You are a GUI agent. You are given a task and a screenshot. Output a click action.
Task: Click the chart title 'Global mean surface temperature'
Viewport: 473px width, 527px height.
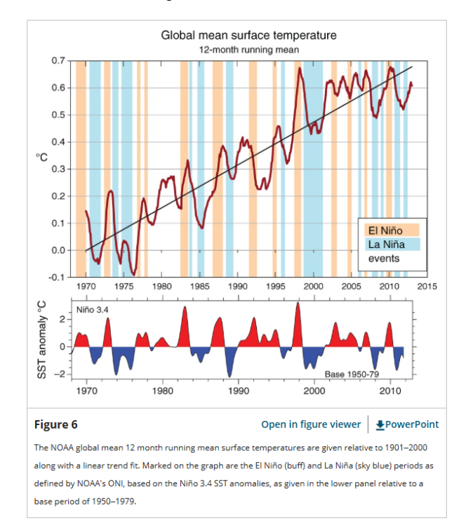[x=248, y=35]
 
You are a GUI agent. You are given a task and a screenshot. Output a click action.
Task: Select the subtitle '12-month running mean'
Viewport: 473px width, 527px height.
[x=248, y=50]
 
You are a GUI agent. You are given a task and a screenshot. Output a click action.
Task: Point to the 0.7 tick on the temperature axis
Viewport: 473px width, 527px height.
[x=58, y=60]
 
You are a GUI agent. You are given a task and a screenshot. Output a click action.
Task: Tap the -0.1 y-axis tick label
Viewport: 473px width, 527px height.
[x=57, y=278]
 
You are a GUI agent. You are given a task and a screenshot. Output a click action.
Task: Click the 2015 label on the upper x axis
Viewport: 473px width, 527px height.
[x=427, y=287]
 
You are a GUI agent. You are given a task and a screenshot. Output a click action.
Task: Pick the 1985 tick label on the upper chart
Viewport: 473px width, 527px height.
[x=200, y=287]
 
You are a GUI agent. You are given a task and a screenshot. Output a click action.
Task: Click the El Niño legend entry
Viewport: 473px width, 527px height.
[x=392, y=230]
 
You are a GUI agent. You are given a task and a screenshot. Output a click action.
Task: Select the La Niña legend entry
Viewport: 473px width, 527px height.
[x=392, y=245]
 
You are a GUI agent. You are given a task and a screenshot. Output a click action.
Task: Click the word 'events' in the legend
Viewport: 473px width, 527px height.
[x=384, y=259]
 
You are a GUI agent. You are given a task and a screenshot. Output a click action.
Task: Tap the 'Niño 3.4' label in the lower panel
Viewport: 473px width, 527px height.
[x=93, y=310]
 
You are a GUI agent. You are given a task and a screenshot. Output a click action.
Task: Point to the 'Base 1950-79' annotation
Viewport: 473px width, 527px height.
[x=352, y=374]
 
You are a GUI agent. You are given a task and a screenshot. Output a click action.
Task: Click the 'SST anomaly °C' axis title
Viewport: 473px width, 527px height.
[x=41, y=340]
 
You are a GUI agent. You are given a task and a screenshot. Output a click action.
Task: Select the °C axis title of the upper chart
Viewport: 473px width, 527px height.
[x=42, y=157]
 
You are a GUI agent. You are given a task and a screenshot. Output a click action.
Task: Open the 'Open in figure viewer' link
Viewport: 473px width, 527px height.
[x=311, y=424]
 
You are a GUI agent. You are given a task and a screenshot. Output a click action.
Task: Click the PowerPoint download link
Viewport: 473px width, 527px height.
[x=407, y=424]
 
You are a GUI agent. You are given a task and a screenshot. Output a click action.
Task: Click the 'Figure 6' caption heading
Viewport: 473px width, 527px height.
[x=55, y=424]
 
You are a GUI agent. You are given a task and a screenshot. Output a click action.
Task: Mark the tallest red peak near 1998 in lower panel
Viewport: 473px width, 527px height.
[x=298, y=303]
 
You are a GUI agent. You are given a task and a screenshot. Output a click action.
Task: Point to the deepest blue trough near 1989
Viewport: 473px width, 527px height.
[x=229, y=376]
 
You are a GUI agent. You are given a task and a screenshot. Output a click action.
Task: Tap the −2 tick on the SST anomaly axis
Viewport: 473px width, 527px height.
[x=62, y=374]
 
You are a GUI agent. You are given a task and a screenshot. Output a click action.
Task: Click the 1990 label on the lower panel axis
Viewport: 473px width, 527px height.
[x=239, y=391]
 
